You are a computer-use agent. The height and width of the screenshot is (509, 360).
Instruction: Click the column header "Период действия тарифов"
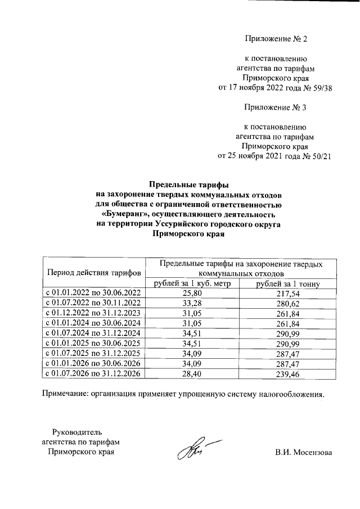94,273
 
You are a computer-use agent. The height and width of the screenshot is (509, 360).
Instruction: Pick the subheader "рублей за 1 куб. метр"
192,283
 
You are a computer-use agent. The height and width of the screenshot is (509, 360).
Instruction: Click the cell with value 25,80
192,294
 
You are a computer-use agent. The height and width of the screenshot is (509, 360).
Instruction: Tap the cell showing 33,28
192,303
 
